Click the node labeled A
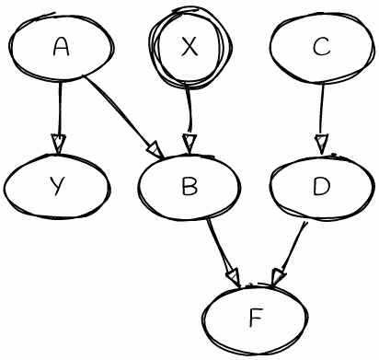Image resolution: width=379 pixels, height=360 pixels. click(62, 48)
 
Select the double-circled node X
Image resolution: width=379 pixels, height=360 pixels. click(189, 48)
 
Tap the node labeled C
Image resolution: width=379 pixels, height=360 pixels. click(321, 48)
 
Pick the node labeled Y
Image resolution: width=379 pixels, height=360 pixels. click(57, 187)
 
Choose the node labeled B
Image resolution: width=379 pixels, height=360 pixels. click(189, 187)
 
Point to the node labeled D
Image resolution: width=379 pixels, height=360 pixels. click(321, 187)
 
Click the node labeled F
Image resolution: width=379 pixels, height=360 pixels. click(255, 319)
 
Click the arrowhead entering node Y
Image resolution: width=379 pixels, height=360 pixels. click(59, 145)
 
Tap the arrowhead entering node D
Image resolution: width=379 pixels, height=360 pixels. click(321, 144)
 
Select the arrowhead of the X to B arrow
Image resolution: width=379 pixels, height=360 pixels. click(189, 144)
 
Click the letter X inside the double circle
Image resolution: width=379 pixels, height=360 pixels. click(189, 48)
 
